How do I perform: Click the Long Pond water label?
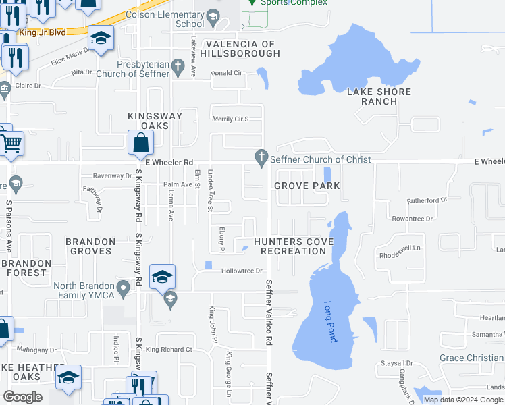pyautogui.click(x=329, y=322)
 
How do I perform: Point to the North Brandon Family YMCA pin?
pyautogui.click(x=123, y=289)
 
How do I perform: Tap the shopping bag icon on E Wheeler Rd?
pyautogui.click(x=140, y=143)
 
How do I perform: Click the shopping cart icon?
pyautogui.click(x=9, y=142)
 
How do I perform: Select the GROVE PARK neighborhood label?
pyautogui.click(x=307, y=186)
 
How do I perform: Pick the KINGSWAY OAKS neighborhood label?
pyautogui.click(x=155, y=121)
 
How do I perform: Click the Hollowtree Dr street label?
pyautogui.click(x=241, y=271)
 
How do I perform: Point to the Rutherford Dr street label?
pyautogui.click(x=427, y=200)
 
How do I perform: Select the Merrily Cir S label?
pyautogui.click(x=231, y=119)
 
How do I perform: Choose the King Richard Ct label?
pyautogui.click(x=169, y=350)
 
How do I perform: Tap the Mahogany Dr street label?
pyautogui.click(x=37, y=350)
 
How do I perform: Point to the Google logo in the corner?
pyautogui.click(x=23, y=397)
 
